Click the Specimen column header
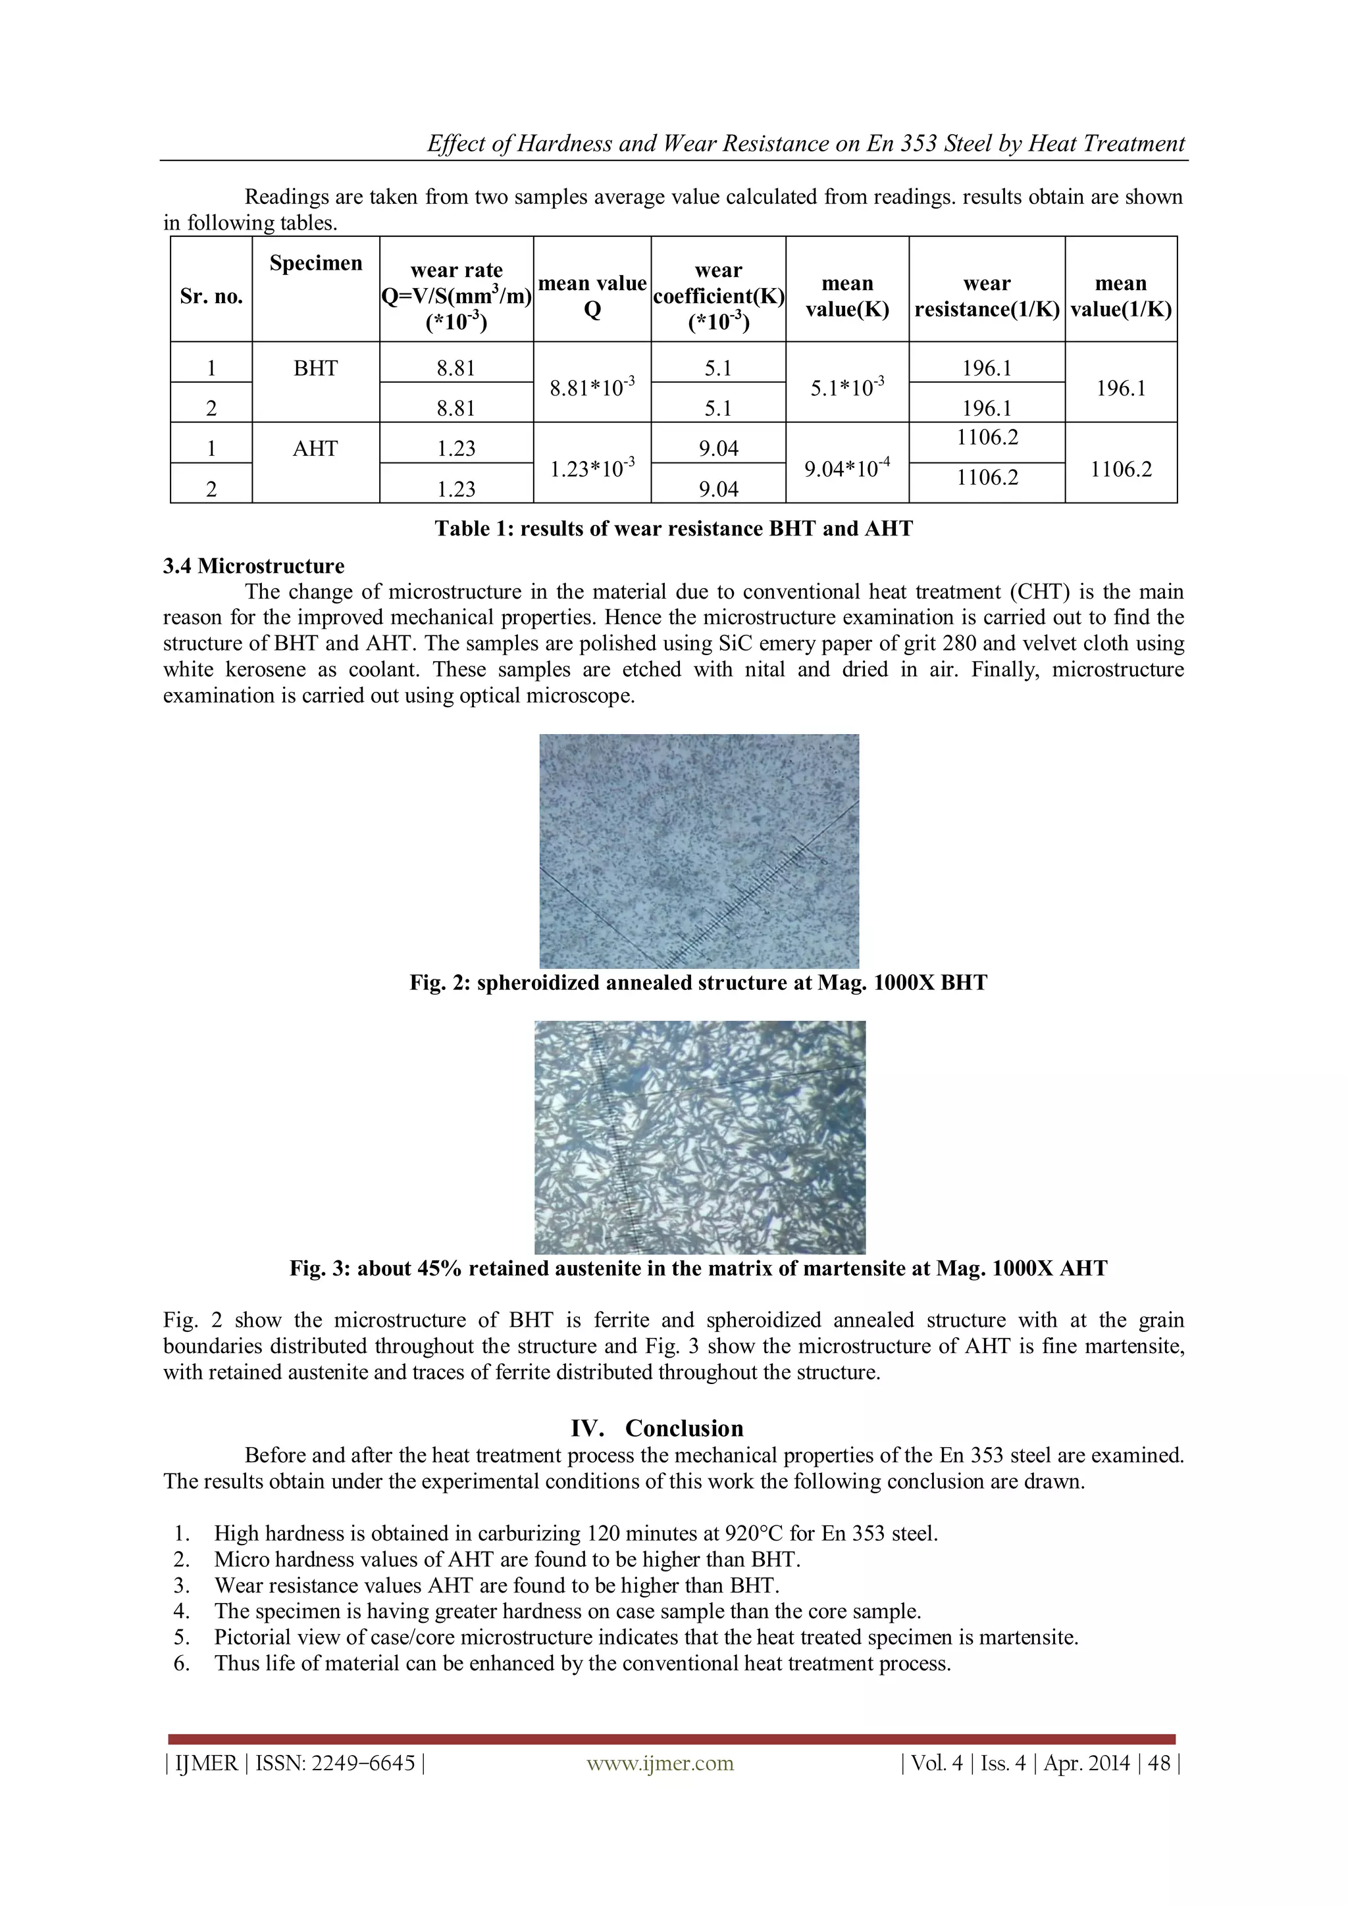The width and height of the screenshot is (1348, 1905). tap(315, 263)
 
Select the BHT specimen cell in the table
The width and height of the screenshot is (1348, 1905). tap(315, 368)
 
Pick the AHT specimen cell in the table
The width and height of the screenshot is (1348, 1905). tap(315, 449)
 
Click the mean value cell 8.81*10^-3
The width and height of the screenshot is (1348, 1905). tap(592, 386)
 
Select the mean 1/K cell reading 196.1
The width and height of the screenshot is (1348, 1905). tap(1120, 387)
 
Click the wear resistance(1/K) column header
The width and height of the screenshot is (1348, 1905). tap(987, 296)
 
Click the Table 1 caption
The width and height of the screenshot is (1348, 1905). tap(673, 528)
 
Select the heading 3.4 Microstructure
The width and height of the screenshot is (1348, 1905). tap(253, 566)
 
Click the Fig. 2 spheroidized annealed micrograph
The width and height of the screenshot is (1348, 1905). tap(699, 851)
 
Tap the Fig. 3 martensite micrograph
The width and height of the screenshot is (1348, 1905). tap(699, 1137)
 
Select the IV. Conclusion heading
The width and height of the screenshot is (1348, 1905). tap(657, 1428)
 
